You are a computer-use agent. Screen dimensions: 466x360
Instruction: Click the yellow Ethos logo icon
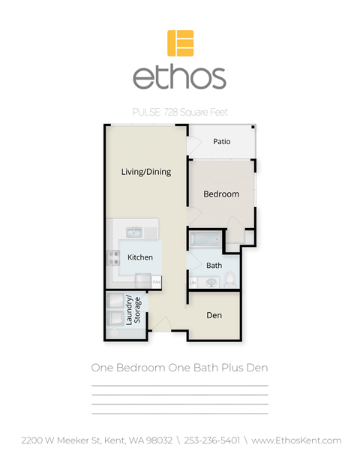pyautogui.click(x=180, y=43)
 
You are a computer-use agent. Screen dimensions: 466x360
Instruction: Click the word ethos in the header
pyautogui.click(x=179, y=77)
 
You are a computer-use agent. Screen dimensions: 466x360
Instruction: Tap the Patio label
pyautogui.click(x=221, y=141)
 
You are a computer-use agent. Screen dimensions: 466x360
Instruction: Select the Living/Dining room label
pyautogui.click(x=146, y=172)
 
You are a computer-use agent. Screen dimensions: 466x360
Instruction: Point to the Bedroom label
pyautogui.click(x=221, y=194)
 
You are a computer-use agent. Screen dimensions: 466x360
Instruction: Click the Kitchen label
pyautogui.click(x=140, y=257)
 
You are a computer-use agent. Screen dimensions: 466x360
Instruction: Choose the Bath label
pyautogui.click(x=214, y=265)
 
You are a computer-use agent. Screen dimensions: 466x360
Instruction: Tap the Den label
pyautogui.click(x=214, y=315)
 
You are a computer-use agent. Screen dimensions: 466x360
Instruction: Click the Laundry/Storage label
pyautogui.click(x=133, y=310)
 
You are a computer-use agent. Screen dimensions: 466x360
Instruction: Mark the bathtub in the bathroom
pyautogui.click(x=204, y=240)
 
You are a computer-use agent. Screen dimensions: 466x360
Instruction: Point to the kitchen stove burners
pyautogui.click(x=115, y=257)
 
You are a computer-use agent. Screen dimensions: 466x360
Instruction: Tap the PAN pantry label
pyautogui.click(x=157, y=283)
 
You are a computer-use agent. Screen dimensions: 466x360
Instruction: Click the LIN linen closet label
pyautogui.click(x=193, y=281)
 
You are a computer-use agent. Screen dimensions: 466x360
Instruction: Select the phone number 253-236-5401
pyautogui.click(x=213, y=440)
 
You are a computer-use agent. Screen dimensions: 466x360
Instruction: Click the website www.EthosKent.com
pyautogui.click(x=296, y=440)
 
